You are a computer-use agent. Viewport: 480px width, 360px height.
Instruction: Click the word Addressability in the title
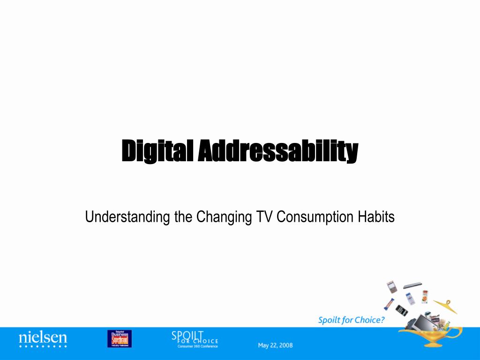(277, 151)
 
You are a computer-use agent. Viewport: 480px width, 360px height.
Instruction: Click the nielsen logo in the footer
(43, 338)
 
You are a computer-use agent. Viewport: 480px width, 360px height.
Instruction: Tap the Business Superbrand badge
(119, 338)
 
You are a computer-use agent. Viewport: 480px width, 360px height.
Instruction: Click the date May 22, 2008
(275, 345)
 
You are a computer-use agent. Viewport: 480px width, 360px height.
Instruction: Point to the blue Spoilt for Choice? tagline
(351, 320)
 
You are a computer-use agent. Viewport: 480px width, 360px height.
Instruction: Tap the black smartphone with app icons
(401, 310)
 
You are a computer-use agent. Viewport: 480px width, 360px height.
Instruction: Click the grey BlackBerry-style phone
(392, 286)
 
